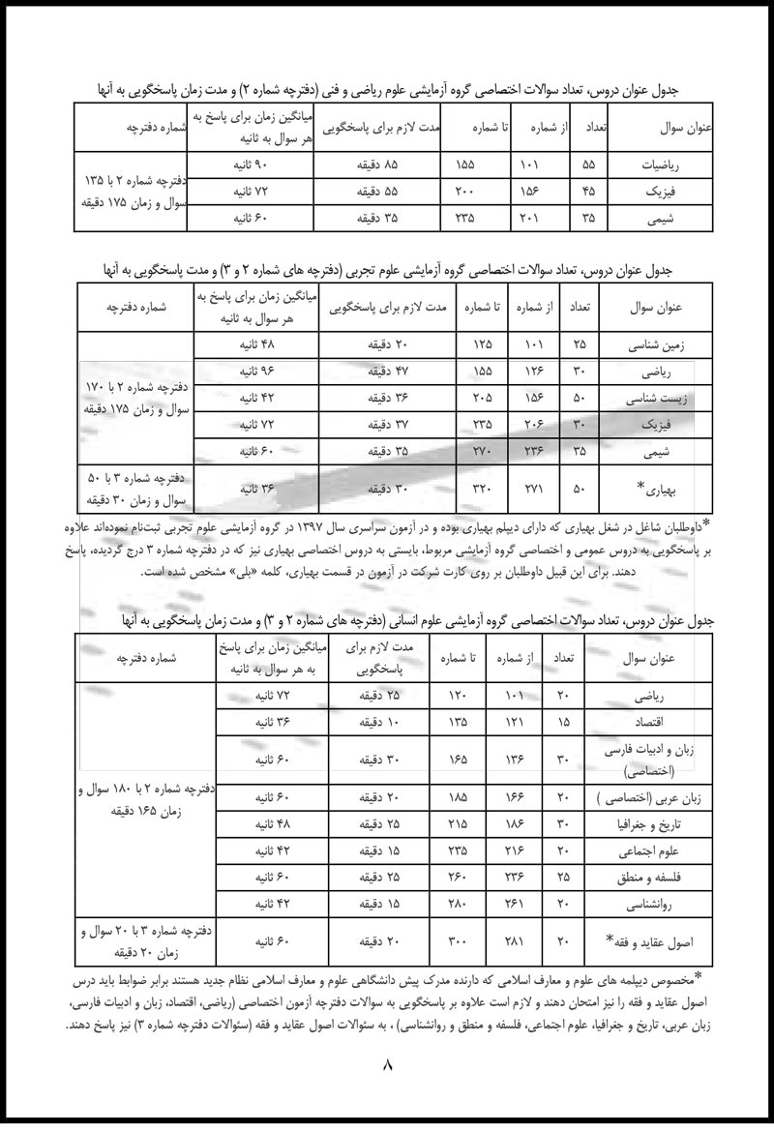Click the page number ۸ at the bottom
click(388, 1066)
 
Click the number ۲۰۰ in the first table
click(464, 193)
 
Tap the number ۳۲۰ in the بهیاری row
click(481, 490)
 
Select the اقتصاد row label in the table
click(657, 722)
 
